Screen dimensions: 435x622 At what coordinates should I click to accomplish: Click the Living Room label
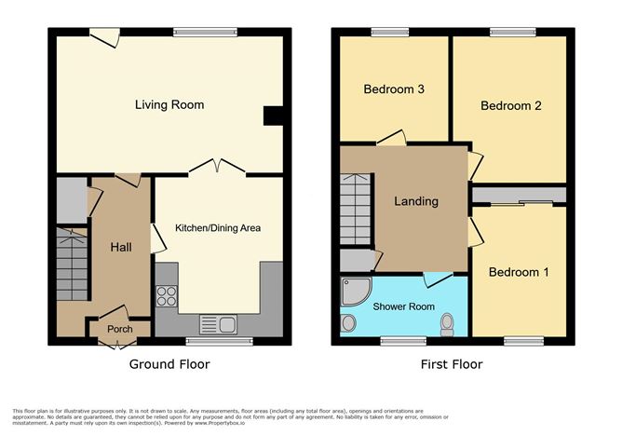tap(169, 105)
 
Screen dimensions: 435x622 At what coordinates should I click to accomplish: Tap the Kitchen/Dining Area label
tap(218, 227)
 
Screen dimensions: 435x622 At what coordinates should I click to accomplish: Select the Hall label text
tap(121, 247)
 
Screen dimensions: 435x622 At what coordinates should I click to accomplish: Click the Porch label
tap(119, 329)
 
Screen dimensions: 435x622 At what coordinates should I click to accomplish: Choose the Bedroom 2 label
tap(510, 105)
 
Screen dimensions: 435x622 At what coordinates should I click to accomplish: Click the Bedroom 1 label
tap(519, 272)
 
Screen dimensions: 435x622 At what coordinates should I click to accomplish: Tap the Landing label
tap(416, 201)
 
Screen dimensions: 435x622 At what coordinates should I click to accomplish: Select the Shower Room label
tap(403, 306)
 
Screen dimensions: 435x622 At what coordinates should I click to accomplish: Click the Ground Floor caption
tap(169, 364)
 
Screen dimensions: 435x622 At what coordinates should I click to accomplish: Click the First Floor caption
tap(451, 364)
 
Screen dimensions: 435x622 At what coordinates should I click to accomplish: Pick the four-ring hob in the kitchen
tap(167, 296)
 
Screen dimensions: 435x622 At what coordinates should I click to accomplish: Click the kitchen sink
tap(223, 325)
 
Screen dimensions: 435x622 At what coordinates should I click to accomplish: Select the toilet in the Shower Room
tap(447, 323)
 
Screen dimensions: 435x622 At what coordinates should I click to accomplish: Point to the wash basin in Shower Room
tap(348, 323)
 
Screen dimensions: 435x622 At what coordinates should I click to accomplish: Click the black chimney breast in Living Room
tap(274, 115)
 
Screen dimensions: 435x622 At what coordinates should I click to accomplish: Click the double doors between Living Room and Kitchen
tap(218, 168)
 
